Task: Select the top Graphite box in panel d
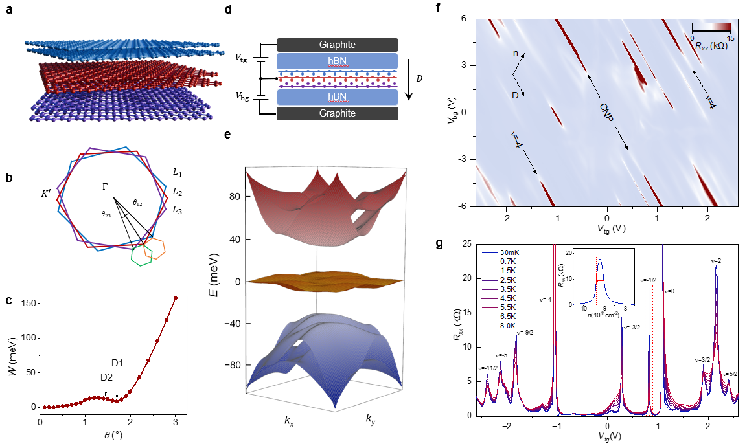point(337,44)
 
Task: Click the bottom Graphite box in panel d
point(337,113)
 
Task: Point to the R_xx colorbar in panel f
point(711,27)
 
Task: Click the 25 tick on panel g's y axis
point(467,244)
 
